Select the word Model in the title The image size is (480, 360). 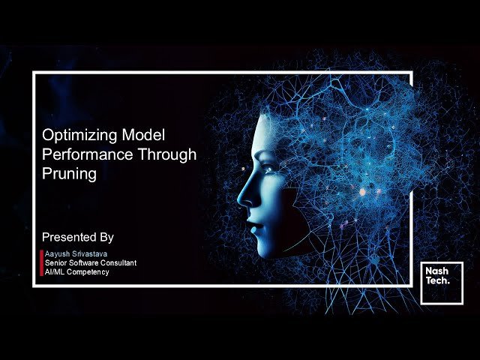142,136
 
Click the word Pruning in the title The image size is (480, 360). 69,173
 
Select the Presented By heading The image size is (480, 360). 78,237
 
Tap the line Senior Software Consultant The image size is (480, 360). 90,263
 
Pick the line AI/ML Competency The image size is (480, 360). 76,272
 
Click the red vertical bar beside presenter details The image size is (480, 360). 41,263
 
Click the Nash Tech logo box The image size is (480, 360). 441,283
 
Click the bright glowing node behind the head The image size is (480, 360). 363,192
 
